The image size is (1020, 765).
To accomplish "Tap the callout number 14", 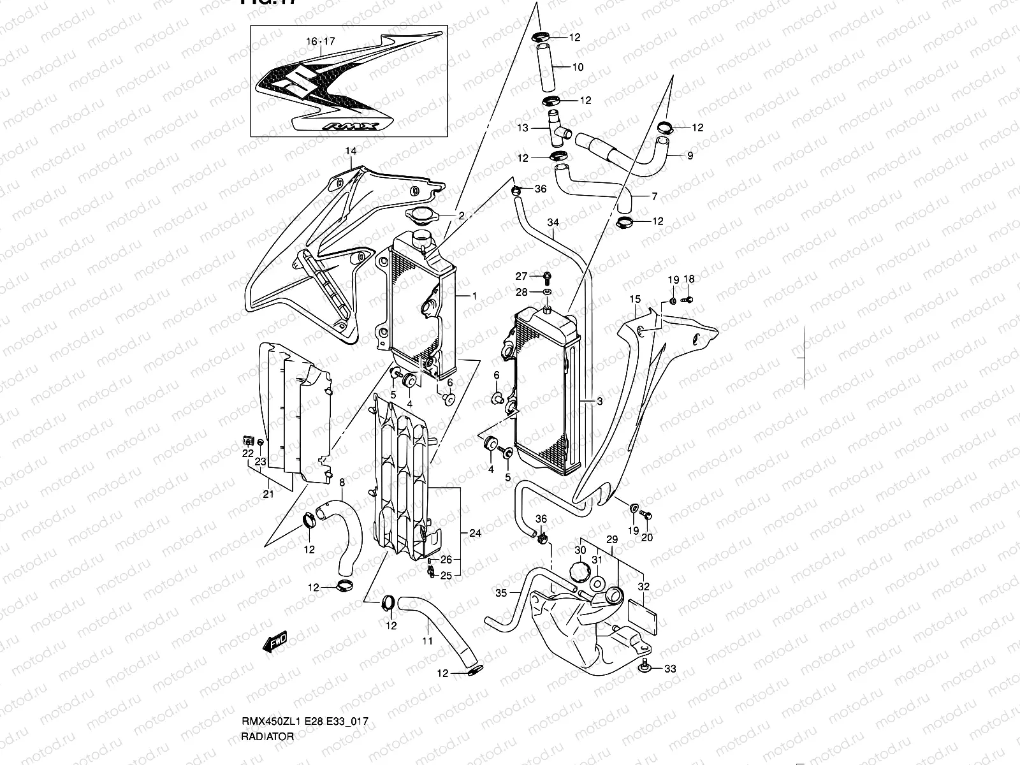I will click(x=350, y=152).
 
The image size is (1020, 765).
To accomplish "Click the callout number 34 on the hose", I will click(x=553, y=222).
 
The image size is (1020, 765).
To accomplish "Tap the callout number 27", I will click(x=521, y=276).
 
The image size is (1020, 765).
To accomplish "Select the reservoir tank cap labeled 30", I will click(x=579, y=569).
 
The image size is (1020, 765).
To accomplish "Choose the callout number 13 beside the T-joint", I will click(x=523, y=128).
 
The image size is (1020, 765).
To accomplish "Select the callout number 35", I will click(x=500, y=593).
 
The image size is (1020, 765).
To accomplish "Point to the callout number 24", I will click(x=474, y=533).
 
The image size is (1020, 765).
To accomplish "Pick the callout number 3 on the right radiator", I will click(x=599, y=401).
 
